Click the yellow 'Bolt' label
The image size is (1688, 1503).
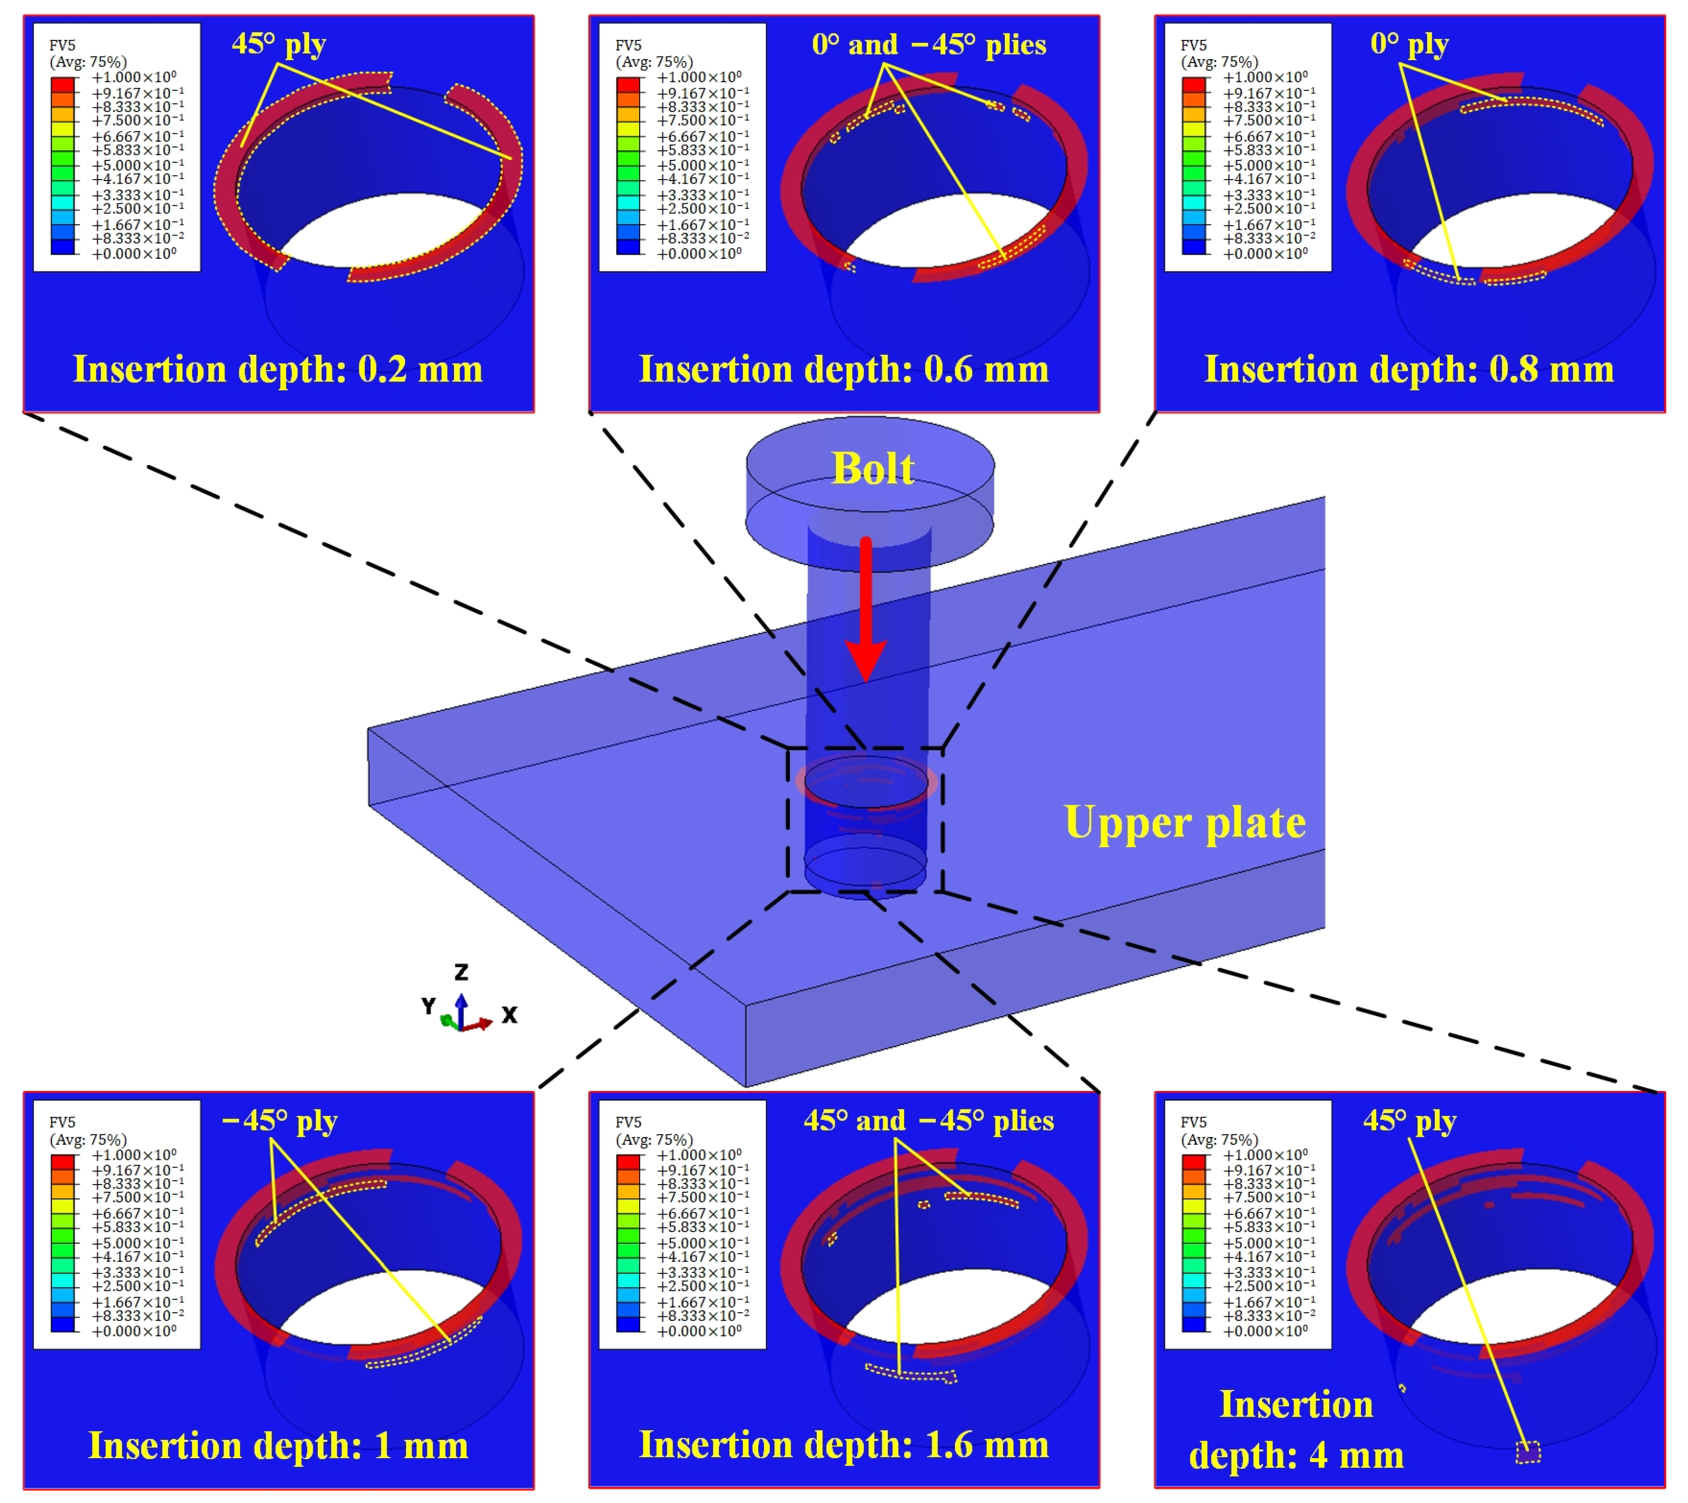coord(872,469)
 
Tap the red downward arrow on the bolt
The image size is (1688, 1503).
coord(865,611)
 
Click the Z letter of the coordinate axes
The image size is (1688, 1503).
coord(461,972)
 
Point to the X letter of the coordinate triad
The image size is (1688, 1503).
coord(510,1015)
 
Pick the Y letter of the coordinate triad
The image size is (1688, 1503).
coord(428,1006)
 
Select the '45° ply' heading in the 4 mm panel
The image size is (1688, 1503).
coord(1409,1121)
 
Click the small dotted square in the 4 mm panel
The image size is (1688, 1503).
coord(1528,1452)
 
